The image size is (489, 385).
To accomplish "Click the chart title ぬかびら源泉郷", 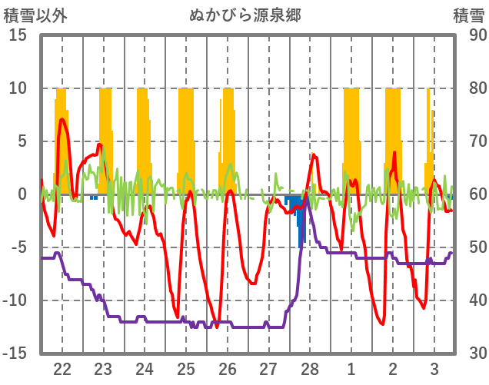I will pyautogui.click(x=245, y=15).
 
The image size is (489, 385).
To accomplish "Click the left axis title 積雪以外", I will pyautogui.click(x=32, y=15).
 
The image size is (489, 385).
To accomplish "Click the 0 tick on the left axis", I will pyautogui.click(x=22, y=194).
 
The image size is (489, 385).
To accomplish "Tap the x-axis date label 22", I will pyautogui.click(x=62, y=368).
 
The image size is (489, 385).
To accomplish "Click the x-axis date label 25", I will pyautogui.click(x=186, y=368).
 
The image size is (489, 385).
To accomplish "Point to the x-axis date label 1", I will pyautogui.click(x=351, y=368).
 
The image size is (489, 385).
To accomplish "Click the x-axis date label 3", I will pyautogui.click(x=434, y=368).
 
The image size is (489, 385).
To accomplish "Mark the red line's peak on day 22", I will pyautogui.click(x=62, y=119).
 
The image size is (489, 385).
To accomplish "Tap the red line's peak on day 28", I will pyautogui.click(x=314, y=154).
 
